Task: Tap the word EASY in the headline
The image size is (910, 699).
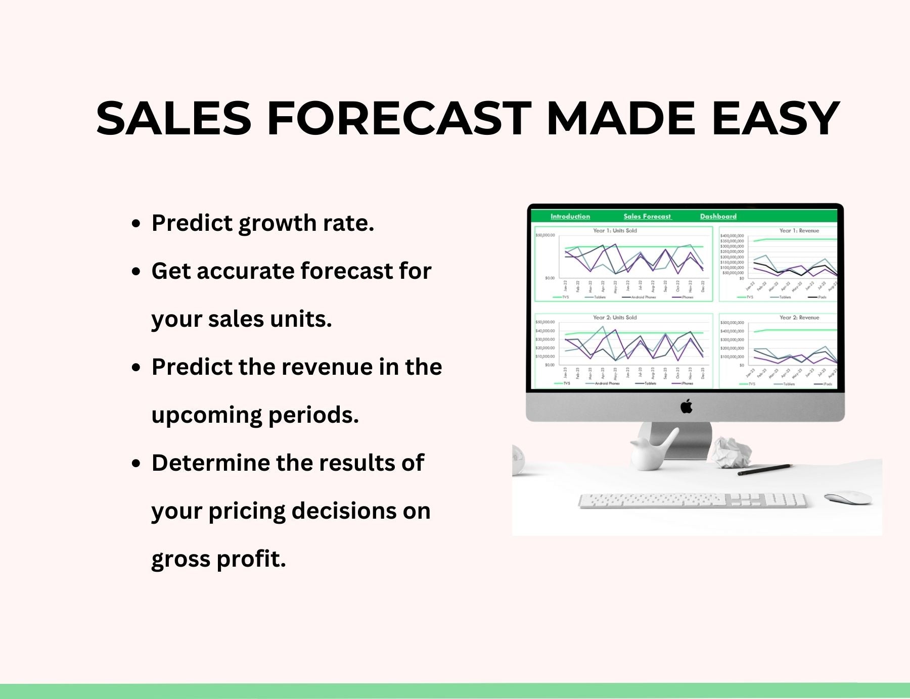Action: (x=776, y=119)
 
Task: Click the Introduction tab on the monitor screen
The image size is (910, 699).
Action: (x=570, y=217)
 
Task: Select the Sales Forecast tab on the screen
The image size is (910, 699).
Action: (x=647, y=217)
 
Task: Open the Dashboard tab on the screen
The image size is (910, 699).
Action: (x=718, y=217)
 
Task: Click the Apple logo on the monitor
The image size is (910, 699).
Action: (x=686, y=406)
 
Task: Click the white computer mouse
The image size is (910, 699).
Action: (x=848, y=497)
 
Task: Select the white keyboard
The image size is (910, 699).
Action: (x=692, y=501)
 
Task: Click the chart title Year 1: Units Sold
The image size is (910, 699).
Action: (x=615, y=231)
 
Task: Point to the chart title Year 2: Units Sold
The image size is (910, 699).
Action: (x=615, y=318)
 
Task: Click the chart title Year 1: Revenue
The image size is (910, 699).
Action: (x=799, y=231)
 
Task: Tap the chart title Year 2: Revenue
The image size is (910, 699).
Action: (x=799, y=318)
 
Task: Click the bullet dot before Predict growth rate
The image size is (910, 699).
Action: (x=135, y=224)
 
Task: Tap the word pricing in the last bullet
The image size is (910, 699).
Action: (x=246, y=511)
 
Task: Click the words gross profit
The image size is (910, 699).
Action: (x=218, y=559)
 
